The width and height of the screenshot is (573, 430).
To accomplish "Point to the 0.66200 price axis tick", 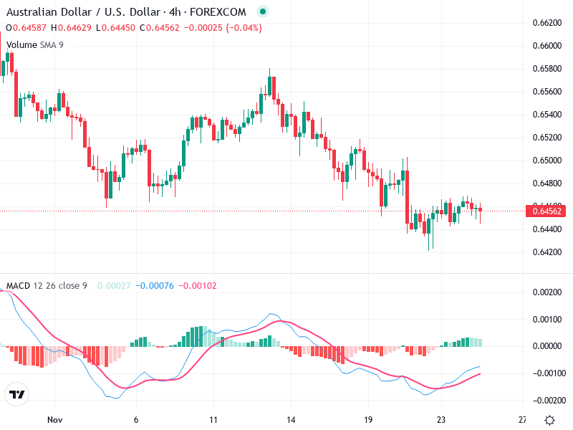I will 547,23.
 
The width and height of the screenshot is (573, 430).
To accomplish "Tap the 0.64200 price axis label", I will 547,252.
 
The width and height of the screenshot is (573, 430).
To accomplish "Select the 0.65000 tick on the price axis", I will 547,161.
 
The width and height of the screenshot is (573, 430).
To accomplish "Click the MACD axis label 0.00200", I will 547,292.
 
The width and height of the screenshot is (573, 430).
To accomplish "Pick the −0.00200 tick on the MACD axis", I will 546,400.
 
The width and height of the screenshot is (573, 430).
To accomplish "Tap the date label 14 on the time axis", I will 291,420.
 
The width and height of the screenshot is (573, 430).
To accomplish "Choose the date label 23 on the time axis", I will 442,420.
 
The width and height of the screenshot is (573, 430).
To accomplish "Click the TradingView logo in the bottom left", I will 16,395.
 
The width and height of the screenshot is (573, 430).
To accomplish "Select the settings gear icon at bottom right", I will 549,420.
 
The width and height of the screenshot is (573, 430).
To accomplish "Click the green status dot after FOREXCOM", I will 262,12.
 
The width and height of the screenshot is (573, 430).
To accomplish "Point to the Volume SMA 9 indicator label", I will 34,44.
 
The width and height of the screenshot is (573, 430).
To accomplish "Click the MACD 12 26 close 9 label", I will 47,286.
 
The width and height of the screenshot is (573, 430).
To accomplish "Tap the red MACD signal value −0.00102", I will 197,286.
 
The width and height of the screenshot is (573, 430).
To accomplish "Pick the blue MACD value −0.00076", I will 155,286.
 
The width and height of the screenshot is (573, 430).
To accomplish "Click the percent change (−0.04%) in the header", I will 244,28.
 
